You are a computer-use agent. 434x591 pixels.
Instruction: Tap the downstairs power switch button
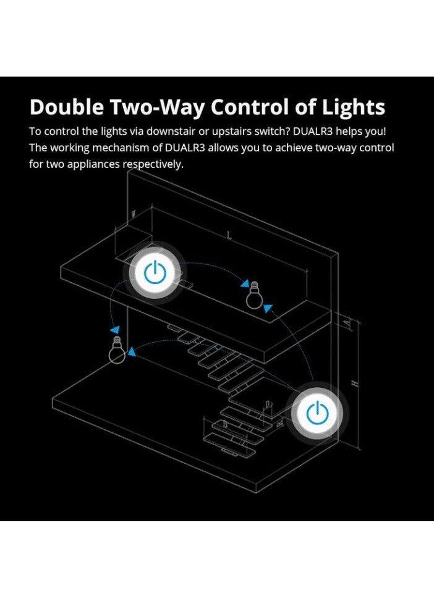[x=318, y=413]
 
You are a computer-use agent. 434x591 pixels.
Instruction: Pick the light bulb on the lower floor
[x=116, y=350]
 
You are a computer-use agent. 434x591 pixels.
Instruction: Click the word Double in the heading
[x=67, y=107]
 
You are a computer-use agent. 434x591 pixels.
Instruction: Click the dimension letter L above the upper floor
[x=229, y=235]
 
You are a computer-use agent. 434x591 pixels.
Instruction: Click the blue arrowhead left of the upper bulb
[x=242, y=285]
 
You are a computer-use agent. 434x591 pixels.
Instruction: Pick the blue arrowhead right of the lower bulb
[x=132, y=353]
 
